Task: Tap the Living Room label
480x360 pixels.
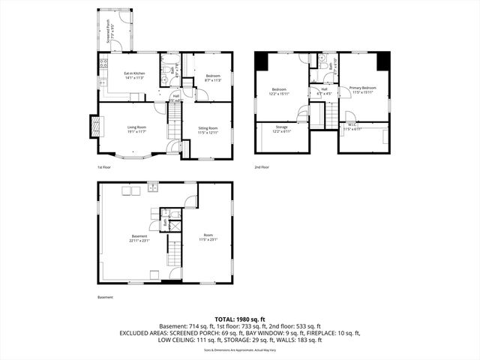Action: click(136, 130)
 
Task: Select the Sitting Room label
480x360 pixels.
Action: click(207, 130)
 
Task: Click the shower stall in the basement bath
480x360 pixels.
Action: click(175, 223)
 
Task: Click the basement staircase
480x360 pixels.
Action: click(174, 255)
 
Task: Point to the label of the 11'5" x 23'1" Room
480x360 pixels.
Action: click(206, 238)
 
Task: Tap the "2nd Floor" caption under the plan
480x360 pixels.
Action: click(262, 167)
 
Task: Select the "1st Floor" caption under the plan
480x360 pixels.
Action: click(105, 167)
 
